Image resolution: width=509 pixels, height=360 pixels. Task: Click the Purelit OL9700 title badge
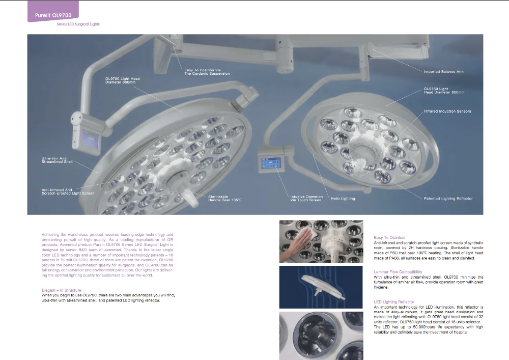pos(52,16)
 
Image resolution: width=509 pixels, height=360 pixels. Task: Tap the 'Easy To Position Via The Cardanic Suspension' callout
pos(207,72)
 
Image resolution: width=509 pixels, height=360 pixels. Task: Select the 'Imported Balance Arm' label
pos(443,72)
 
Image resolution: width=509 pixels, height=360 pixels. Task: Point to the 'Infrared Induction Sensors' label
pos(447,111)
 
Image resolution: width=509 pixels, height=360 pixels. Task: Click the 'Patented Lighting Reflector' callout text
pos(448,198)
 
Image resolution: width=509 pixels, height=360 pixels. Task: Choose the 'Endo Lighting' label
pos(343,198)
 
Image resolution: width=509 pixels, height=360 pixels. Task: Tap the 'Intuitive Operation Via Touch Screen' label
pos(306,198)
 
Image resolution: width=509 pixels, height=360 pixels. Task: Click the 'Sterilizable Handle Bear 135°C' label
pos(224,198)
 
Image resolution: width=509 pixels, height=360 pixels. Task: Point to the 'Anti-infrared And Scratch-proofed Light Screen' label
pos(68,191)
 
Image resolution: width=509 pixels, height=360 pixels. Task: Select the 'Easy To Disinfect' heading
pos(389,237)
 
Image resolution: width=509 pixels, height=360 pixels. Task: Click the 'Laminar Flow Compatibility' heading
pos(398,272)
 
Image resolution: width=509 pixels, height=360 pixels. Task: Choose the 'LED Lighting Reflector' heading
pos(394,302)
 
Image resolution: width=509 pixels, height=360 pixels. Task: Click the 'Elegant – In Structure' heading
pos(61,290)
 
